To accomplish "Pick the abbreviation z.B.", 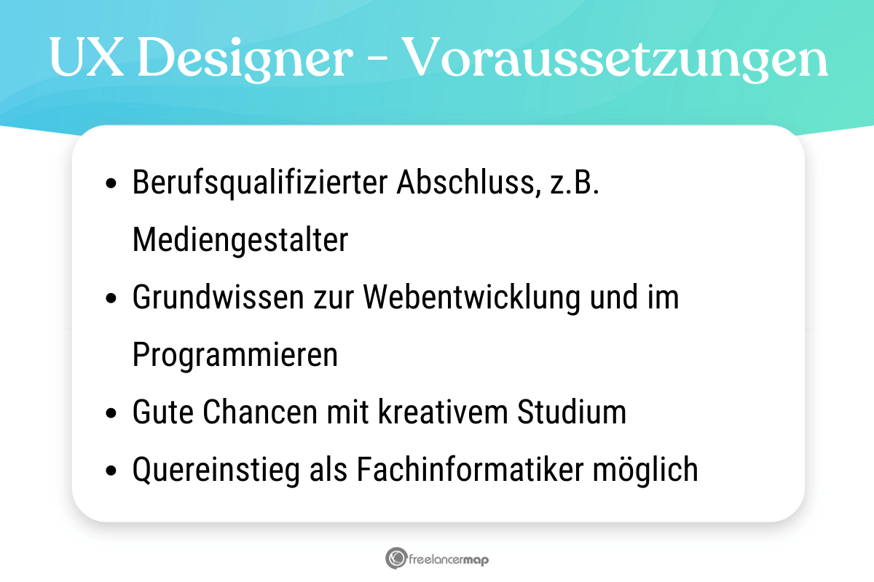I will coord(577,183).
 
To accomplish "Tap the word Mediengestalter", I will coord(240,241).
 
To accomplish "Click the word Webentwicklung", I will coord(471,298).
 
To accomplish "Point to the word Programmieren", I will coord(235,356).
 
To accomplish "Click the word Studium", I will coord(572,413).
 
